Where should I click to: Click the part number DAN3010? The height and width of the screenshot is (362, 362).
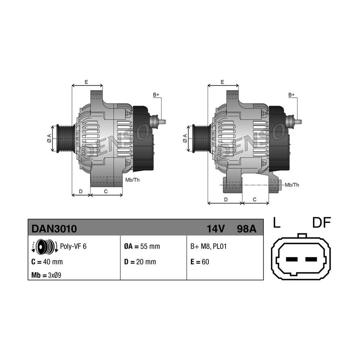pos(54,229)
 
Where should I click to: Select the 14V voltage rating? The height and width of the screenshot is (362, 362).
pos(216,229)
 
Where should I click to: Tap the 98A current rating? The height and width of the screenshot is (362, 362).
pos(247,229)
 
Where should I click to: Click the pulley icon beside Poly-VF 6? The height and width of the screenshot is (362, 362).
pos(45,246)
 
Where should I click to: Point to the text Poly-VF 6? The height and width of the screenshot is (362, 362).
pos(73,246)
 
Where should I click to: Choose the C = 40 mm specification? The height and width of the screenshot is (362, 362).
pos(47,262)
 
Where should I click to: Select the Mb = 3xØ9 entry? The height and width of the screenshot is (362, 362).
pos(46,275)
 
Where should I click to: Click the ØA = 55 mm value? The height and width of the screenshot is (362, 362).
pos(142,246)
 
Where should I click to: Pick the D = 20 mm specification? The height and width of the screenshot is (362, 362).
pos(140,262)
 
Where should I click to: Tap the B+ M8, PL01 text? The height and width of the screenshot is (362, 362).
pos(208,246)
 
